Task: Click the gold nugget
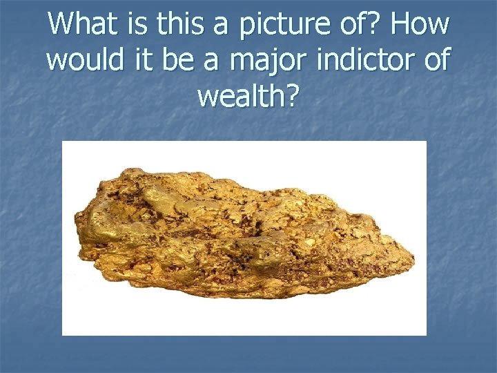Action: pyautogui.click(x=242, y=231)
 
